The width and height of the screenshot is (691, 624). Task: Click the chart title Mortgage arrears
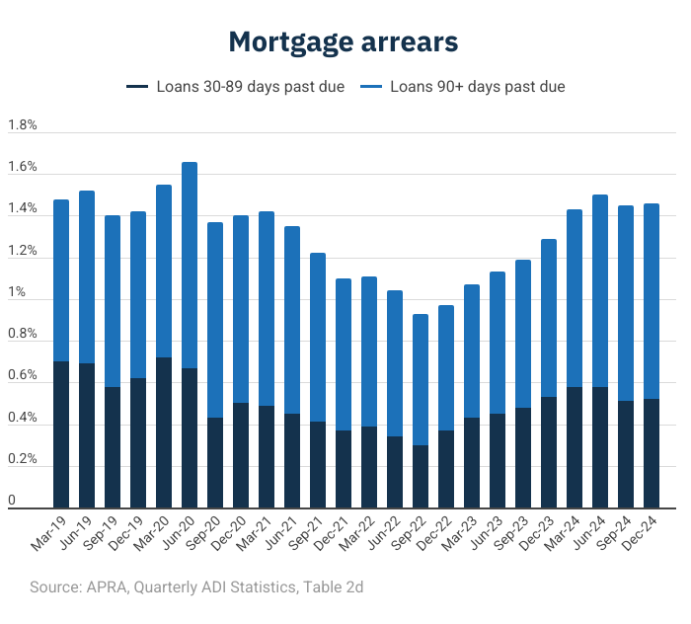click(x=344, y=42)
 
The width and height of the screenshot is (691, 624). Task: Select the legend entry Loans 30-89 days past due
click(x=235, y=86)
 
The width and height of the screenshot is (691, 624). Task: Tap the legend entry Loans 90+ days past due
click(x=462, y=86)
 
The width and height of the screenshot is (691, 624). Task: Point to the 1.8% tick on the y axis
click(x=22, y=124)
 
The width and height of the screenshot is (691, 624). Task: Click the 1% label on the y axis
click(x=17, y=291)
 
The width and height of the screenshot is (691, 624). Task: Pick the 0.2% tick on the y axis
click(x=22, y=459)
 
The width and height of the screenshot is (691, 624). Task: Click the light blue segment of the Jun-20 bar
click(x=190, y=266)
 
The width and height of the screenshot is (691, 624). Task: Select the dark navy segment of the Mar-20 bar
click(x=164, y=432)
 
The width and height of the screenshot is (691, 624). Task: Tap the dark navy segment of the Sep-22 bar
click(x=421, y=477)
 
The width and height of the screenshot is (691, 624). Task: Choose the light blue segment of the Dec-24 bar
click(x=652, y=301)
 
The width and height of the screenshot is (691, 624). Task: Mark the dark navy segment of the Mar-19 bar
click(x=61, y=434)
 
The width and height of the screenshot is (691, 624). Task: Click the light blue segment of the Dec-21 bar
click(x=344, y=354)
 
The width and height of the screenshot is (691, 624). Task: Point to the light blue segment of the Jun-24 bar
click(x=600, y=291)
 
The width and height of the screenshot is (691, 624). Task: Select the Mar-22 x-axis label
click(x=357, y=533)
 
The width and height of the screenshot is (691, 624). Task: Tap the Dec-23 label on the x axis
click(x=537, y=533)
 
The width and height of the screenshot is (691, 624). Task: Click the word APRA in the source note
click(x=108, y=587)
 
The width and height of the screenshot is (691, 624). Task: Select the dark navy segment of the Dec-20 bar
click(x=241, y=456)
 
